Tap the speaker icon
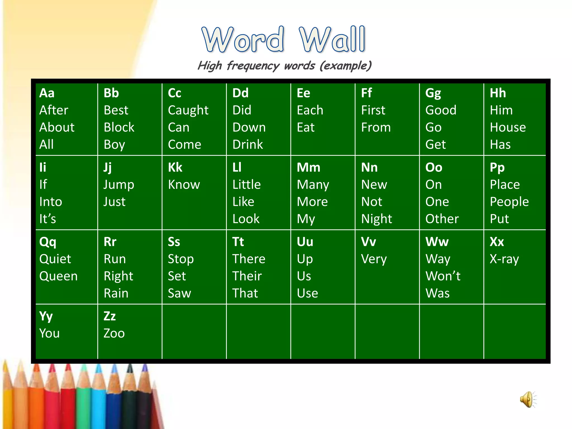[x=528, y=399]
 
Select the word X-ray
[x=504, y=259]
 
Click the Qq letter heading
[x=48, y=242]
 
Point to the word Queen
[x=58, y=276]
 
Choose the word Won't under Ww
[x=443, y=276]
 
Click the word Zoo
[x=114, y=333]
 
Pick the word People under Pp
[x=509, y=202]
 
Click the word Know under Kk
[x=184, y=185]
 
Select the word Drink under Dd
[x=247, y=145]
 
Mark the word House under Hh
[x=507, y=128]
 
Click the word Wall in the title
[x=332, y=39]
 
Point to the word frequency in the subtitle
[x=253, y=66]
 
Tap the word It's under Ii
[x=47, y=219]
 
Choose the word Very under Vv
[x=374, y=259]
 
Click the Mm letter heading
[x=308, y=168]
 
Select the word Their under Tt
[x=247, y=276]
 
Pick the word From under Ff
[x=376, y=128]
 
